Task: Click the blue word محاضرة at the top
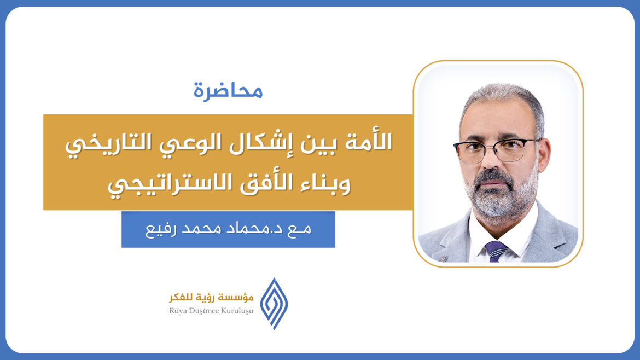(228, 90)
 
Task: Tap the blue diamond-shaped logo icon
(274, 303)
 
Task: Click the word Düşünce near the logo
(205, 311)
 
